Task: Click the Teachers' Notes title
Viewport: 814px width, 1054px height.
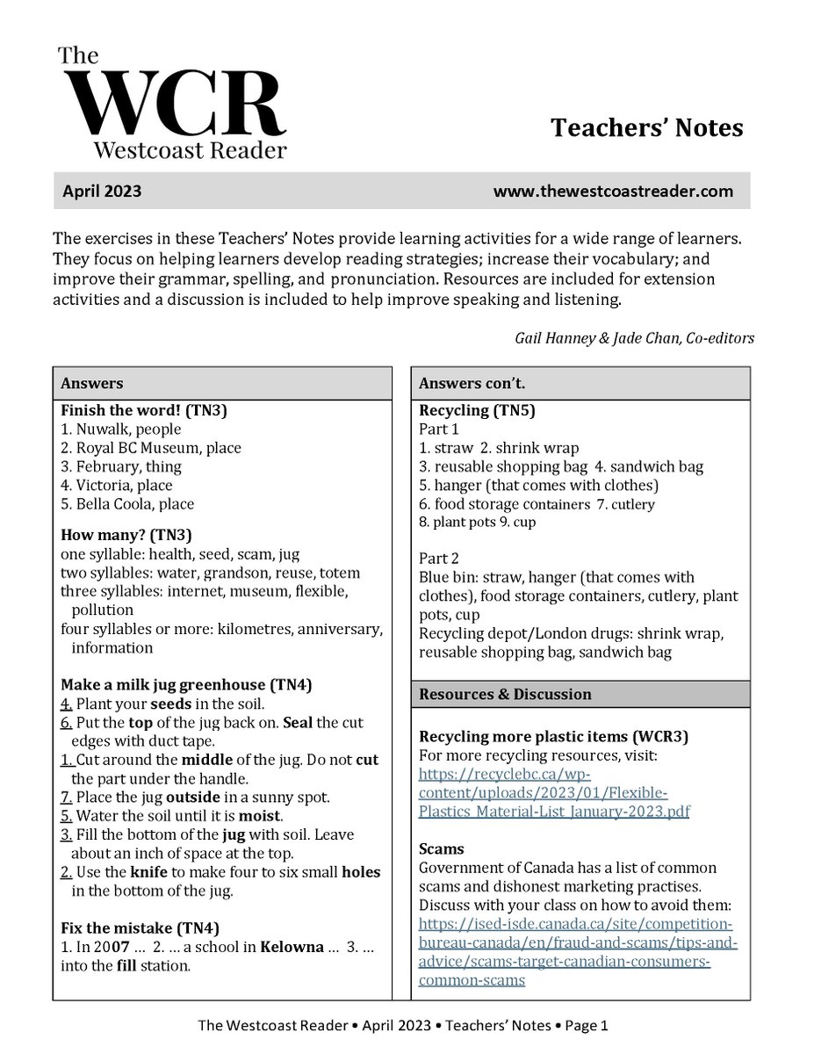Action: point(646,128)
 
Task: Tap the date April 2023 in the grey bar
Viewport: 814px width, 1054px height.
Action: point(102,191)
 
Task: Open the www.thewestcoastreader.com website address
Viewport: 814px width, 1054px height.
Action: point(612,191)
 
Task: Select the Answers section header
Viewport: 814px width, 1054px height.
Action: point(92,384)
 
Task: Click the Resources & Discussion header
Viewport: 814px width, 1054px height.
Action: point(505,694)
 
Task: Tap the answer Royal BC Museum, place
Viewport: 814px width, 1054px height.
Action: point(151,448)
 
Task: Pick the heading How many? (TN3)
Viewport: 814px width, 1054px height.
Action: point(126,535)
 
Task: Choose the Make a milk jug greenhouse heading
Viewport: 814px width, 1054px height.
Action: point(186,685)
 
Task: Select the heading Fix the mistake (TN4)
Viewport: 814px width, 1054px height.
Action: point(140,928)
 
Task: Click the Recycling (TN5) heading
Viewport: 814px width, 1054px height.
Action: point(477,410)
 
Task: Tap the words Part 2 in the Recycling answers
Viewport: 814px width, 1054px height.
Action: point(439,559)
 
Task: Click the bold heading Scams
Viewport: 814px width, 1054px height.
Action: point(442,849)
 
